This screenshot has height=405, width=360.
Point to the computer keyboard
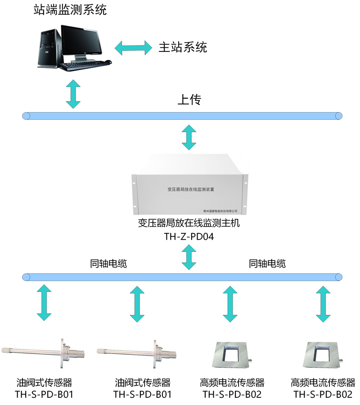pos(85,65)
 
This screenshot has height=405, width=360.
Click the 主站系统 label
pos(182,47)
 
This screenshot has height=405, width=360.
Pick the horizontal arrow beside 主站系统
pos(134,47)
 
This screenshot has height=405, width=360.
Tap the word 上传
pos(189,100)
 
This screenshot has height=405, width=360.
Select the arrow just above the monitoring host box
pos(189,137)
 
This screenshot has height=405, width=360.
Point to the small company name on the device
pos(220,210)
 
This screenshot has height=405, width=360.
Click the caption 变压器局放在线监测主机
pos(189,223)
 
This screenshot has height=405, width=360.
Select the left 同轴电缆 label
pos(108,264)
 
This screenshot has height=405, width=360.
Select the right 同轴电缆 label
pos(267,264)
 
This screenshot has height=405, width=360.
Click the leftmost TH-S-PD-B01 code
pos(44,395)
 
